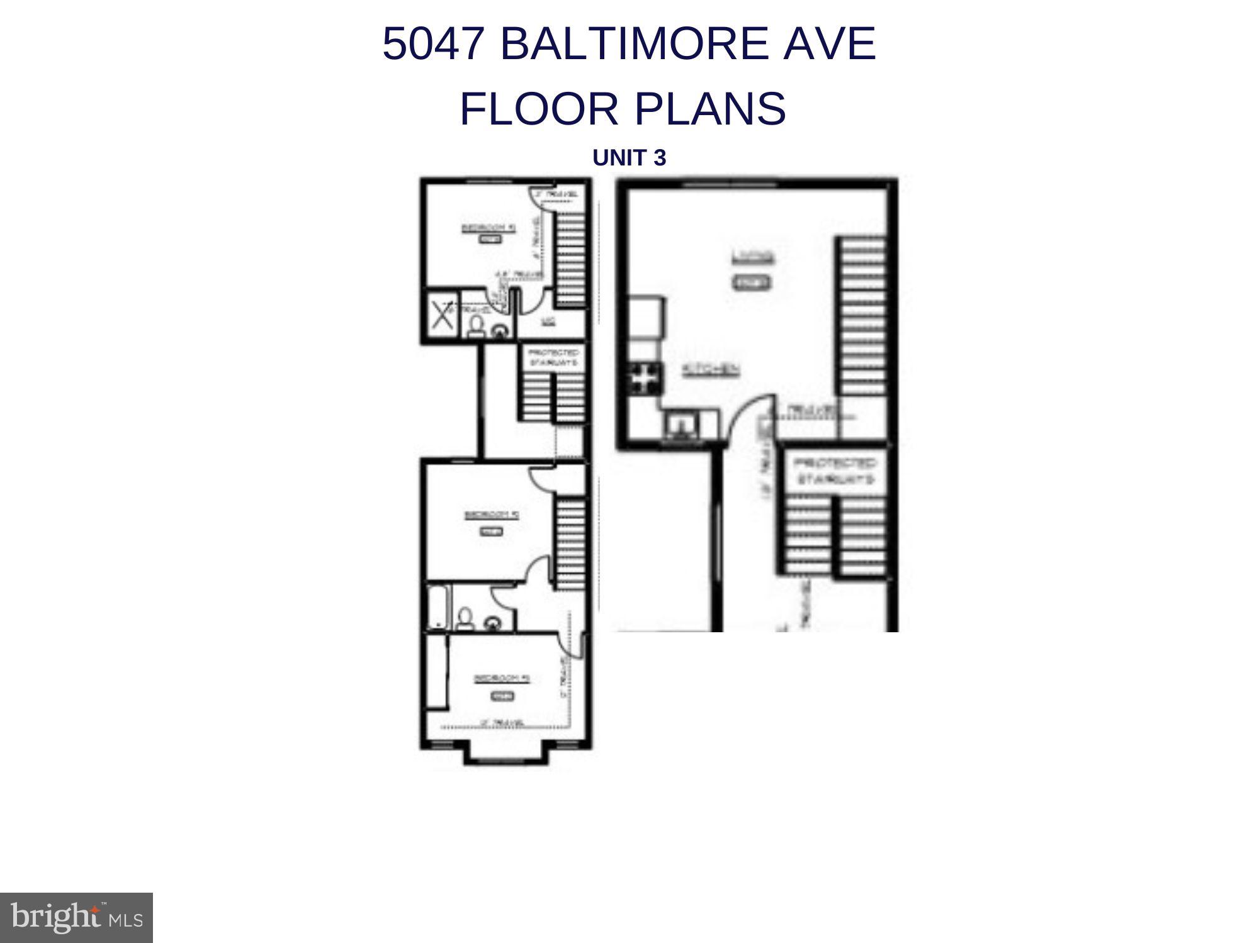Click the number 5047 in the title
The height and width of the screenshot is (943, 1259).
point(434,44)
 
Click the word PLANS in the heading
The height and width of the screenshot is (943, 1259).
point(710,109)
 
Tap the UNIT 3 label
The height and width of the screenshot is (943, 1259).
point(629,158)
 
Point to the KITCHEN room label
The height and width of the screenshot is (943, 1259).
point(711,370)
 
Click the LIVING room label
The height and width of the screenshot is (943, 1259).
point(753,257)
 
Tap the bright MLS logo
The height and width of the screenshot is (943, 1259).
point(76,917)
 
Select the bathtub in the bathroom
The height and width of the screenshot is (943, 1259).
point(438,608)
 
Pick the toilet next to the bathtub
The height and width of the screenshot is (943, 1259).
point(465,619)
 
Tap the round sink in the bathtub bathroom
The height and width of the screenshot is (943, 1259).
point(492,623)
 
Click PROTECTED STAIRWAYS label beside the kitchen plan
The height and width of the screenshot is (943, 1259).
point(835,471)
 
